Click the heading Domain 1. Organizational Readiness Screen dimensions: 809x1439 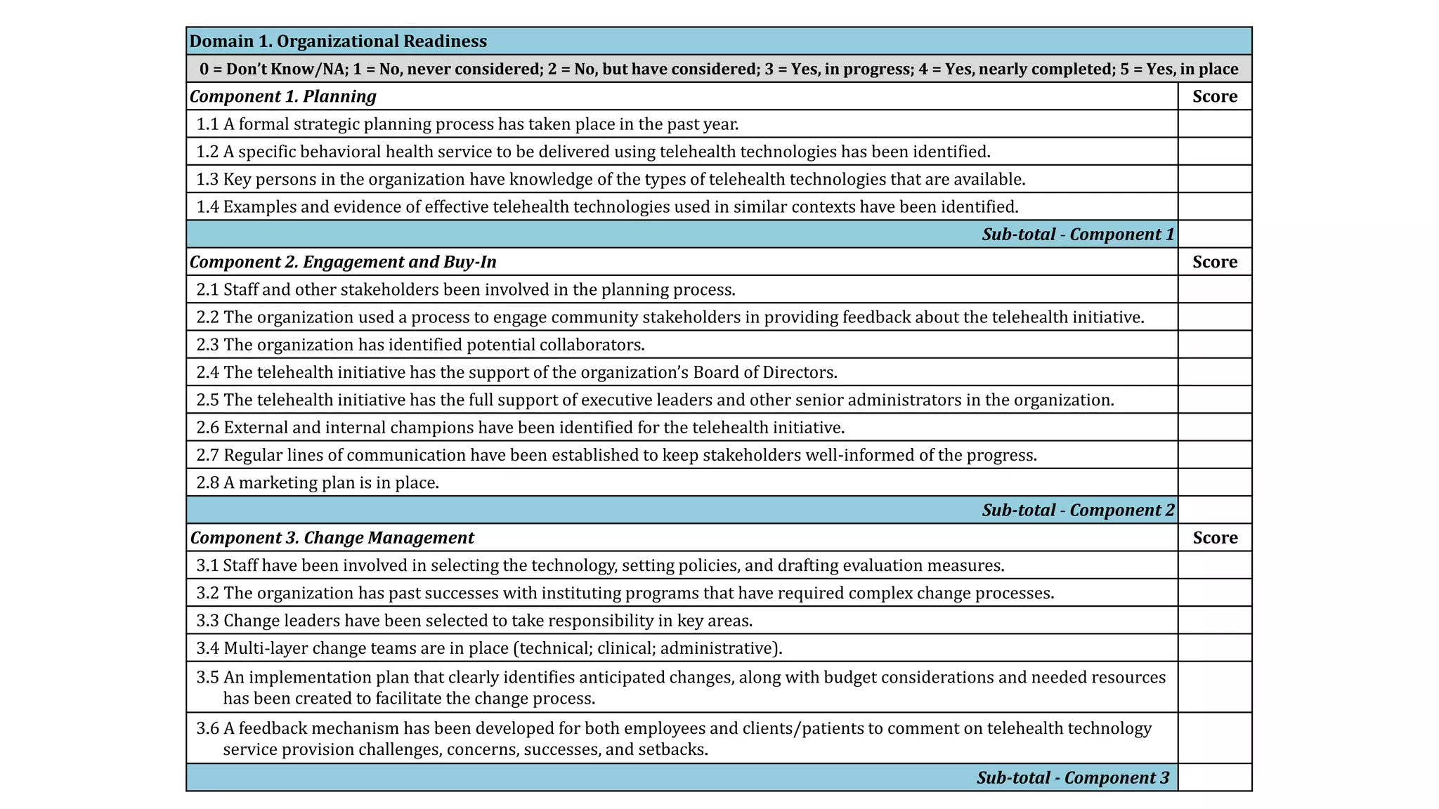pos(338,41)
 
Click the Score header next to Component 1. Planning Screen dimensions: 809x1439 pos(1214,96)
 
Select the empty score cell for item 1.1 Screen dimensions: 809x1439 pos(1214,124)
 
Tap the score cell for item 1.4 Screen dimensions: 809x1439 pos(1214,206)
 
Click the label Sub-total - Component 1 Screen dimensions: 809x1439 pos(1077,235)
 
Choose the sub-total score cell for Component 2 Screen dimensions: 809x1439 pos(1214,511)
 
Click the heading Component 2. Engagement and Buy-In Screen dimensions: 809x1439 pos(343,262)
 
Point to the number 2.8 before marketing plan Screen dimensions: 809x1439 pos(207,483)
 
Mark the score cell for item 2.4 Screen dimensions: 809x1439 pos(1214,372)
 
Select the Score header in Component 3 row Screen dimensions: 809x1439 pos(1214,538)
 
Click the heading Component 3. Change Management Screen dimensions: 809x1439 pos(332,538)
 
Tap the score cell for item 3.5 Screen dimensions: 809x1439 pos(1214,688)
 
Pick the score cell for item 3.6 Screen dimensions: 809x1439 pos(1214,738)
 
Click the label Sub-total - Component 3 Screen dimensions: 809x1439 pos(1072,778)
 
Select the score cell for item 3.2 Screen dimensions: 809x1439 pos(1214,593)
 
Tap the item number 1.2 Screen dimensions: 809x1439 pos(207,152)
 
